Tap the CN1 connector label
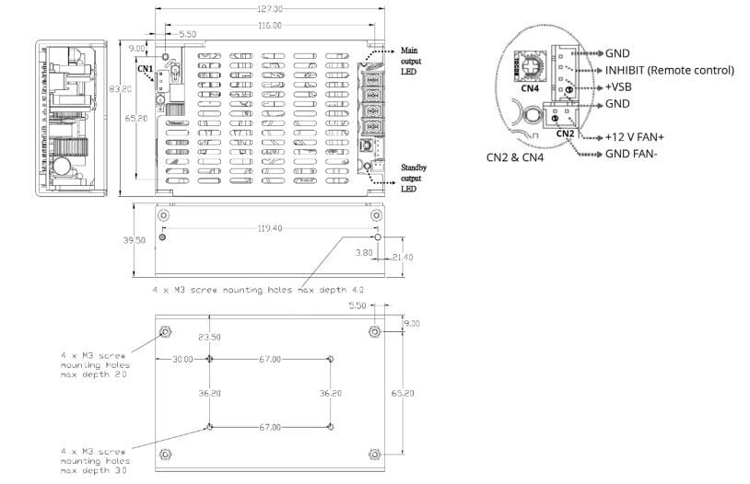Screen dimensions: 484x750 (145, 68)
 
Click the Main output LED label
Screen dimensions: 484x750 (410, 59)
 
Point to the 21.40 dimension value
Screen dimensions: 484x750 (403, 257)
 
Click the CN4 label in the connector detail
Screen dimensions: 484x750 (529, 89)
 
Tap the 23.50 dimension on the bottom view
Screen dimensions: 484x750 (210, 337)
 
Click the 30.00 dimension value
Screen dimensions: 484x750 (182, 359)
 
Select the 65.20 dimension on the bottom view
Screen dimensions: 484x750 (403, 393)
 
